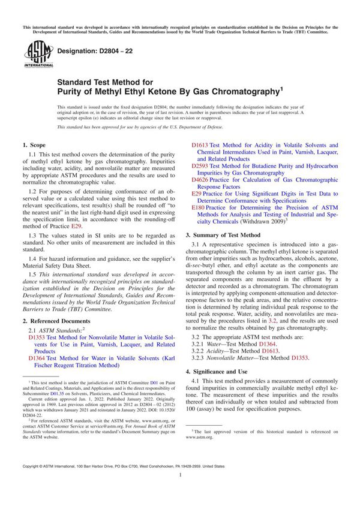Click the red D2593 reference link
tap(200, 165)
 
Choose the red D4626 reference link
tap(200, 179)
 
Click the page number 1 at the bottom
tap(180, 490)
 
